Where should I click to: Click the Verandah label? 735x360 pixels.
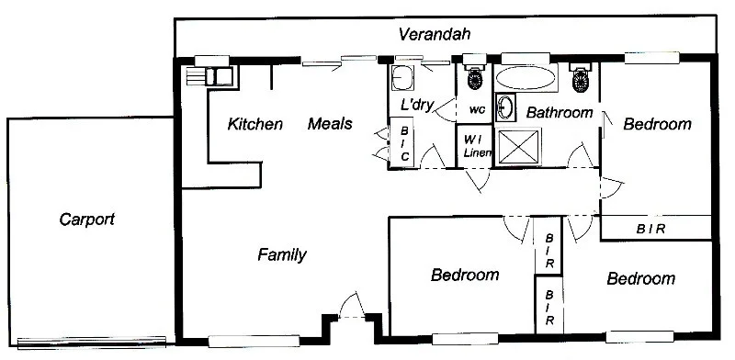(x=435, y=36)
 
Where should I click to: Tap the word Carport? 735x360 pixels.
(x=86, y=219)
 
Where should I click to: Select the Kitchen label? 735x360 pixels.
(x=255, y=124)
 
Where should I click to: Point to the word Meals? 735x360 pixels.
(x=330, y=124)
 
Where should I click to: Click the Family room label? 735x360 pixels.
(x=281, y=255)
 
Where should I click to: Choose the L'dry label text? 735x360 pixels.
(x=416, y=105)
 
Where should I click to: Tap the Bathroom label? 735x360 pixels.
(x=559, y=113)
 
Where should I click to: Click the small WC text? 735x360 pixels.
(x=476, y=110)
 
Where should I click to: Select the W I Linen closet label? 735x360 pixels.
(x=475, y=145)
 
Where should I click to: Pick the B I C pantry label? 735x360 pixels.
(x=404, y=145)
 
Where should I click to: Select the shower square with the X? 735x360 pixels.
(x=518, y=146)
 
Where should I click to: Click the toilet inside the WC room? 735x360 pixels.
(x=475, y=78)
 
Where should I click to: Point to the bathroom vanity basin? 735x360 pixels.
(x=505, y=107)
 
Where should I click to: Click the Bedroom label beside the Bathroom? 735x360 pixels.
(x=656, y=125)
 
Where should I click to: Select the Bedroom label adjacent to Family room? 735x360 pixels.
(x=465, y=275)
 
